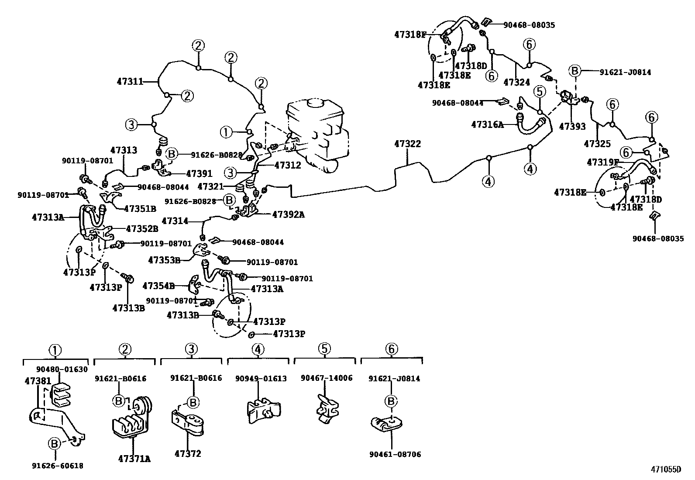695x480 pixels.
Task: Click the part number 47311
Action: pyautogui.click(x=130, y=81)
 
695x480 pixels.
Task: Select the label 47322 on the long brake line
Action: pyautogui.click(x=407, y=144)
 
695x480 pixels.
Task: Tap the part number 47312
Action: pyautogui.click(x=288, y=166)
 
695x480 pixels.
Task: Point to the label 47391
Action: pyautogui.click(x=199, y=174)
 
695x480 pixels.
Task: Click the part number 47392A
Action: pyautogui.click(x=288, y=214)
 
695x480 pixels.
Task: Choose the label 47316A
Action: pyautogui.click(x=487, y=124)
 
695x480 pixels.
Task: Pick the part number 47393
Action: pyautogui.click(x=572, y=127)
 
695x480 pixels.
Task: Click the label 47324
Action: pyautogui.click(x=516, y=82)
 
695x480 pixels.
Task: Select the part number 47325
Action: pyautogui.click(x=597, y=143)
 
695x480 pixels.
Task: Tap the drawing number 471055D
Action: pyautogui.click(x=666, y=470)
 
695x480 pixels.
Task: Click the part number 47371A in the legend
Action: pyautogui.click(x=134, y=459)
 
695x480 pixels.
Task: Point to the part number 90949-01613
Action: pyautogui.click(x=261, y=378)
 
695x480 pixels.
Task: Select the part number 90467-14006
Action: pyautogui.click(x=327, y=378)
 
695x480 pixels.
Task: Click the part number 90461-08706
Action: pyautogui.click(x=395, y=455)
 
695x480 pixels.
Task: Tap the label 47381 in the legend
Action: pyautogui.click(x=38, y=381)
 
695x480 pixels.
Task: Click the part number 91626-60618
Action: pyautogui.click(x=57, y=466)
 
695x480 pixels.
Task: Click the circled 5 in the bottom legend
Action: pyautogui.click(x=324, y=349)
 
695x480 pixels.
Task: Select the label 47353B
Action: pyautogui.click(x=164, y=260)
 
